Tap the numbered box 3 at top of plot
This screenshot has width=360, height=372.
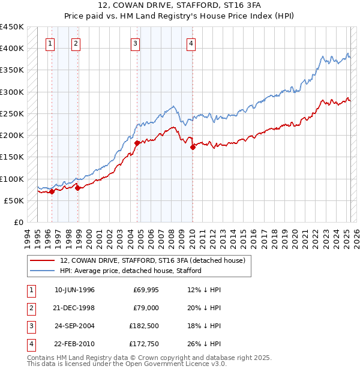(136, 43)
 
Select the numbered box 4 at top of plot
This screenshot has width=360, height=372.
(190, 43)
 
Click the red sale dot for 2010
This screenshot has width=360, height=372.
(193, 147)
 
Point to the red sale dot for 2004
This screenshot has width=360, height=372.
(137, 143)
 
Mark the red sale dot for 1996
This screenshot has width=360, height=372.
(52, 192)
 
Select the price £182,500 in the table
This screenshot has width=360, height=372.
(143, 326)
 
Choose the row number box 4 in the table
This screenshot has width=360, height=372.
(31, 344)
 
